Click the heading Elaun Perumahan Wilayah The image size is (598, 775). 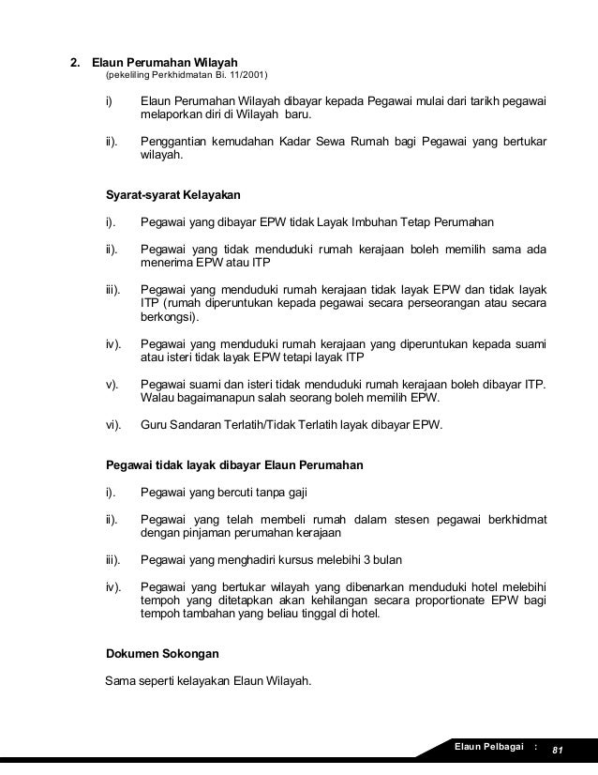[x=164, y=63]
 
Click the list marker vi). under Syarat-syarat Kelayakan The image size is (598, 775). [x=113, y=424]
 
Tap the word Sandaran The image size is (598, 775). [x=199, y=424]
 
